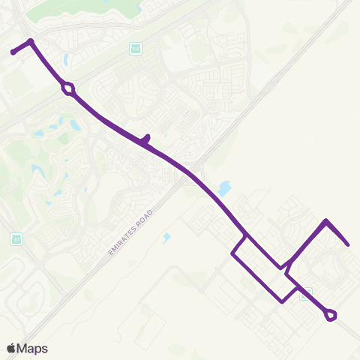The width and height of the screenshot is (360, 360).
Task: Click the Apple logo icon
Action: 10,348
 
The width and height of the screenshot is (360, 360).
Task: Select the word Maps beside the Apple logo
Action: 32,348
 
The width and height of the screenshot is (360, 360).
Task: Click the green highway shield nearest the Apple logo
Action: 16,239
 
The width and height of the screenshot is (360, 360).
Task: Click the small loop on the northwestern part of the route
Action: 68,88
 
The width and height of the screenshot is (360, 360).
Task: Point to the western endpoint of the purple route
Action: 13,52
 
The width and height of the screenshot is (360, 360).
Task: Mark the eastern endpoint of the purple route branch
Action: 348,244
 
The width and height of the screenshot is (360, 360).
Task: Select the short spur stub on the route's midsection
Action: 147,138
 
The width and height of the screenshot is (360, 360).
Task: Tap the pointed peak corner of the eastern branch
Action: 325,220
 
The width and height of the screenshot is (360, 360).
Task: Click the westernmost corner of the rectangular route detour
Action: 232,255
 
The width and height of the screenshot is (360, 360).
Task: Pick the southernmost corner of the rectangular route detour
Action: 280,301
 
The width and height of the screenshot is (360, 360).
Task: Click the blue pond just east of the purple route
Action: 223,189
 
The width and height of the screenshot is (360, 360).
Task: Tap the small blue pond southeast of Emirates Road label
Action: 166,238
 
